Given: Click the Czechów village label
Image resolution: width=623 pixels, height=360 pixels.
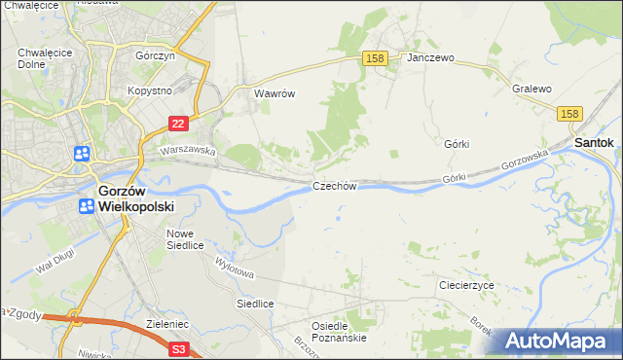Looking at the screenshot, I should pyautogui.click(x=335, y=186).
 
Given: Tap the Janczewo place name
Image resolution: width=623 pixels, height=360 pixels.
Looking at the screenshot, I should pyautogui.click(x=431, y=58).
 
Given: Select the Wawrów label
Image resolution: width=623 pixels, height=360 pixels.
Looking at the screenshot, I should pyautogui.click(x=274, y=94).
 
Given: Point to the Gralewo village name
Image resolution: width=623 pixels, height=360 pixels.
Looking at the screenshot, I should pyautogui.click(x=531, y=89).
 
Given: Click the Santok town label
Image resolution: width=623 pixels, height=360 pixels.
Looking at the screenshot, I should pyautogui.click(x=594, y=142).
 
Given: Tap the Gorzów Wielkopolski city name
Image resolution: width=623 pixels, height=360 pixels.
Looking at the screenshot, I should pyautogui.click(x=135, y=198).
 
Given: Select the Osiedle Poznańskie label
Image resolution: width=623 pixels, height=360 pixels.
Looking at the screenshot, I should pyautogui.click(x=338, y=332).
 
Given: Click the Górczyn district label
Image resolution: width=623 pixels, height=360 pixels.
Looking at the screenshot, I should pyautogui.click(x=154, y=56).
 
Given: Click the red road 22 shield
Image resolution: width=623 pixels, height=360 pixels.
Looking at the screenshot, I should pyautogui.click(x=178, y=124).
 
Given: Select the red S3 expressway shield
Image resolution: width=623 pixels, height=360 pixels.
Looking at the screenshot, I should pyautogui.click(x=178, y=347).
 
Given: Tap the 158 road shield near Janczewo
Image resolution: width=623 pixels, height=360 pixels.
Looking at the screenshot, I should pyautogui.click(x=377, y=59).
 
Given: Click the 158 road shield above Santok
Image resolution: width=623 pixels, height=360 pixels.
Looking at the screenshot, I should pyautogui.click(x=570, y=115).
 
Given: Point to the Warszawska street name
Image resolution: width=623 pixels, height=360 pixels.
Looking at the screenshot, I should pyautogui.click(x=187, y=151).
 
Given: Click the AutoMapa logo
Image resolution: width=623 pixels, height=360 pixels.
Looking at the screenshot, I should pyautogui.click(x=558, y=340).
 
